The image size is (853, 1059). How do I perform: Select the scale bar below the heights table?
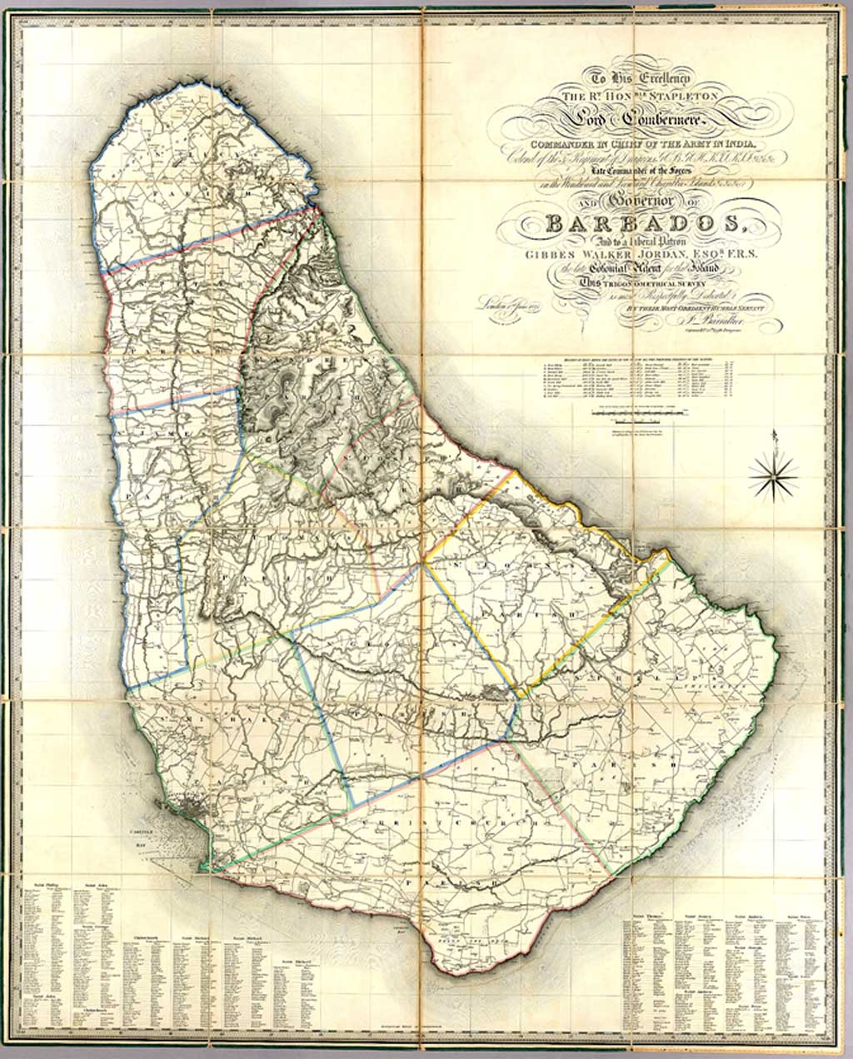coord(641,413)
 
